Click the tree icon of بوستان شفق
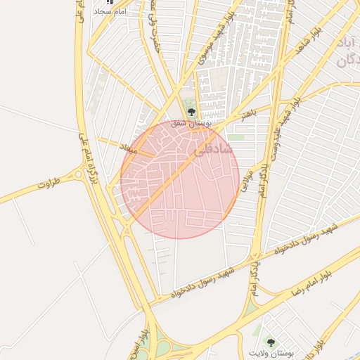pyautogui.click(x=191, y=112)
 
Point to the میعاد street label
pyautogui.click(x=131, y=148)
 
